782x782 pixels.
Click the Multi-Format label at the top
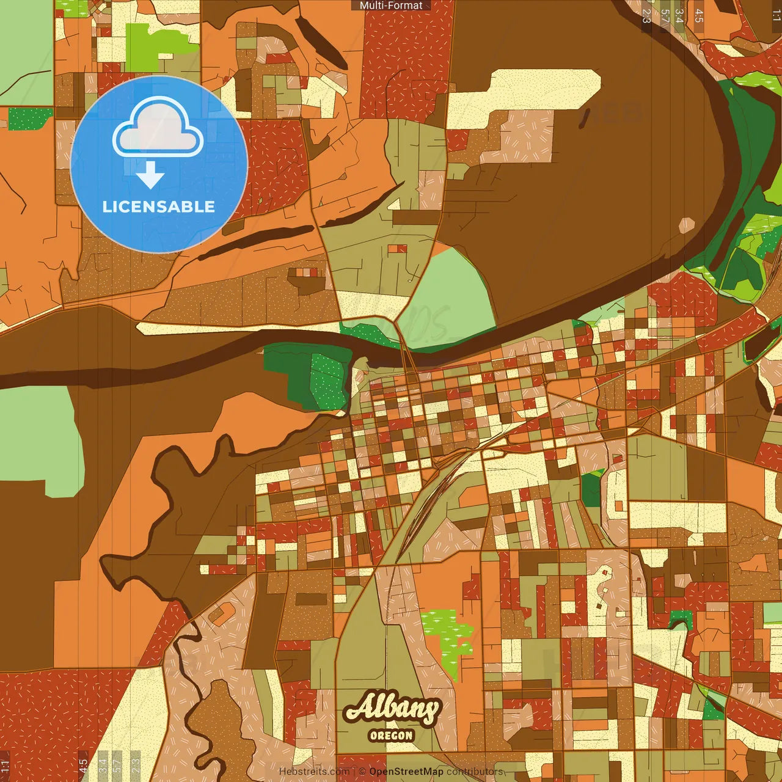pos(391,5)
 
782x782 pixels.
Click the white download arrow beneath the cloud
pos(150,176)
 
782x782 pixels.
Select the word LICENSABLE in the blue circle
pos(159,207)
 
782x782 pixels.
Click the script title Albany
pos(392,708)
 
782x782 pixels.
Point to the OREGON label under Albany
pos(392,736)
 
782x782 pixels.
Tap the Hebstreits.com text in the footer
pos(314,772)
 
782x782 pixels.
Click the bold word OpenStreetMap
pos(406,772)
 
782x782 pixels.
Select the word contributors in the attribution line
pos(475,772)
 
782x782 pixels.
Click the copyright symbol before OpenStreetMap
pos(362,772)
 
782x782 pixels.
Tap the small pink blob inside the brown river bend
pos(687,225)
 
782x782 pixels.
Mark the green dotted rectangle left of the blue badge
pos(29,119)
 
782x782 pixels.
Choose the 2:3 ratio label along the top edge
pos(646,16)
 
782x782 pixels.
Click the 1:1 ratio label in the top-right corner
pos(776,16)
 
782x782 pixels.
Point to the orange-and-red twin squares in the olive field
pos(397,249)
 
